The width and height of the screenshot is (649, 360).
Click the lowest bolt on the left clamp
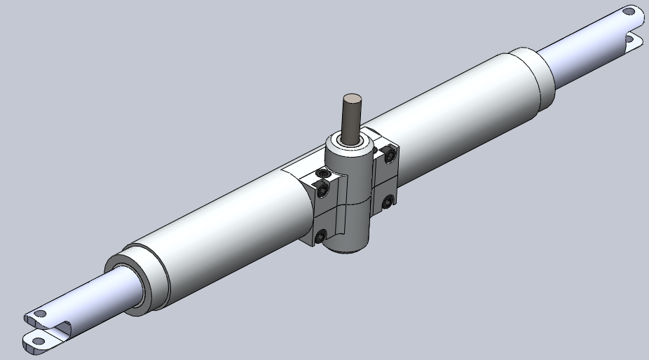(x=320, y=237)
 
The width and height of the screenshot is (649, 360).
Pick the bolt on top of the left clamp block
(x=322, y=172)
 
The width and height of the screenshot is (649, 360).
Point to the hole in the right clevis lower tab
(x=636, y=41)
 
